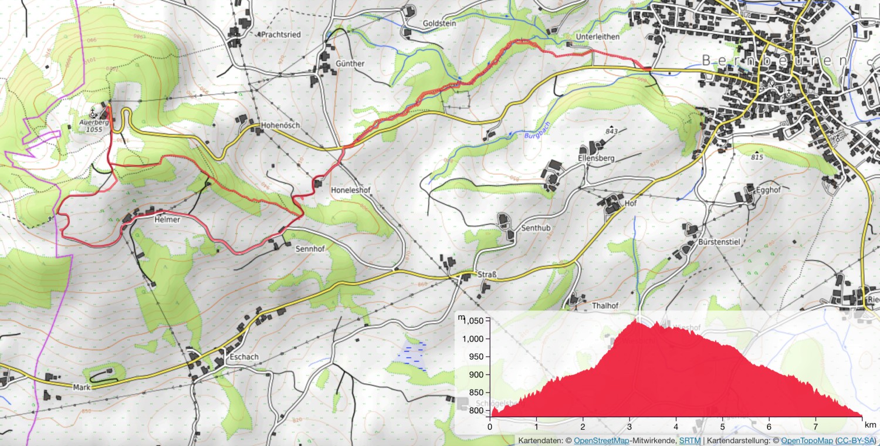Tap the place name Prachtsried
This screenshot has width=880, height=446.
[x=281, y=35]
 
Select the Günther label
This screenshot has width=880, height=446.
[x=350, y=63]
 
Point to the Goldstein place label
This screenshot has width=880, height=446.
[x=439, y=24]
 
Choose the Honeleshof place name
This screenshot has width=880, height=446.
[x=353, y=190]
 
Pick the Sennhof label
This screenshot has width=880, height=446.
[x=310, y=248]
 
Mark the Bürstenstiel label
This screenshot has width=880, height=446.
[x=718, y=242]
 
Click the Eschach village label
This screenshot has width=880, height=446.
[x=244, y=357]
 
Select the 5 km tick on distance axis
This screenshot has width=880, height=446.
[x=722, y=427]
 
